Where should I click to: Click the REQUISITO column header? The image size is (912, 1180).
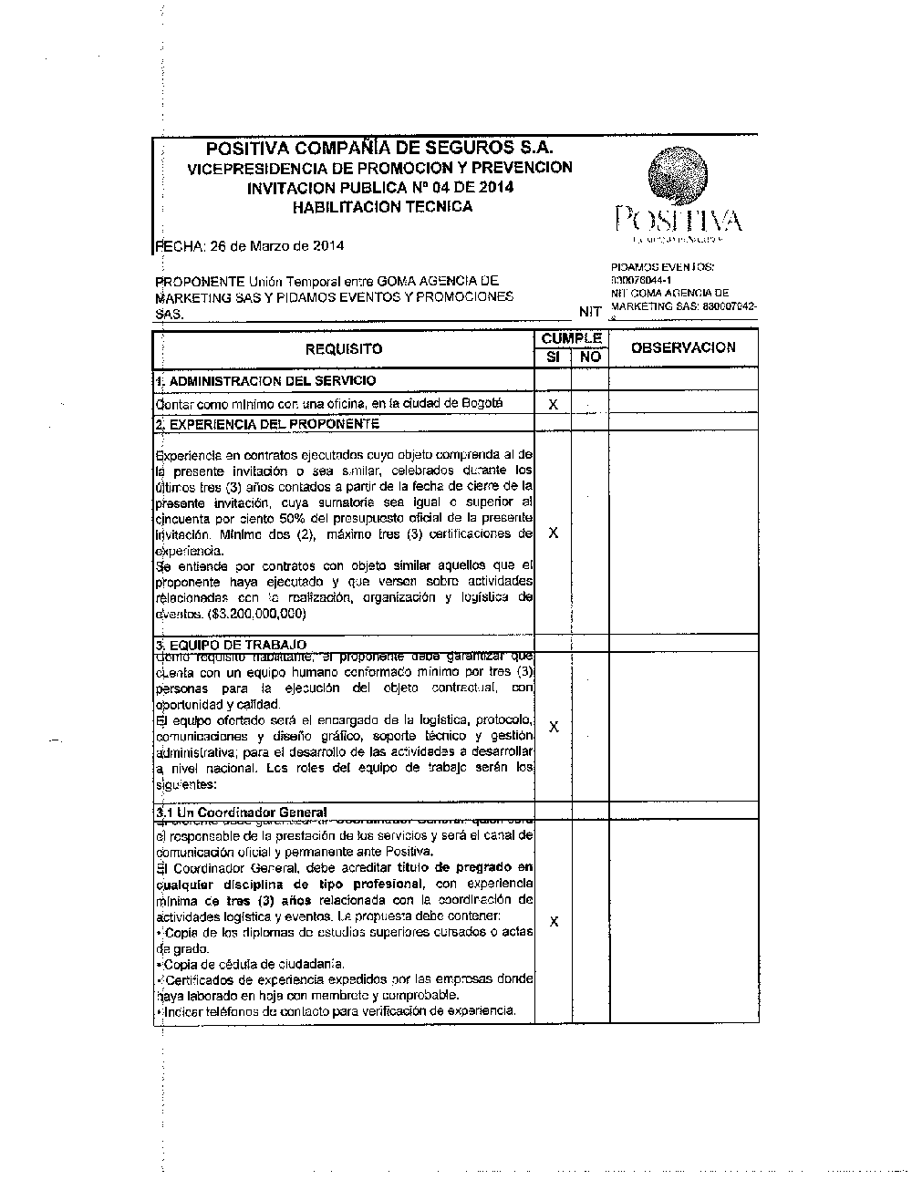[344, 349]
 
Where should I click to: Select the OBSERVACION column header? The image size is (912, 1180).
[683, 347]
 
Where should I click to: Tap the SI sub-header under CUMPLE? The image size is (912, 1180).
[553, 357]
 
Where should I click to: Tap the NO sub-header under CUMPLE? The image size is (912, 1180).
[590, 357]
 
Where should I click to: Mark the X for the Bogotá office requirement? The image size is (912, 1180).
[553, 404]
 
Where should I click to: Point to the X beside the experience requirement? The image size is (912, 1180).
[553, 533]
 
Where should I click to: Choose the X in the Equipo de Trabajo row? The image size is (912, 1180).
[554, 727]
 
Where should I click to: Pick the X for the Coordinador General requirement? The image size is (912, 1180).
[554, 922]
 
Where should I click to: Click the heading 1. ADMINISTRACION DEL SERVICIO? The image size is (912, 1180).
[265, 380]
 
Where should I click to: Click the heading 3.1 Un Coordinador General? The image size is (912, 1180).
[242, 812]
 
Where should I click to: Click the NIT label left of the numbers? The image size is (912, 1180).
[590, 312]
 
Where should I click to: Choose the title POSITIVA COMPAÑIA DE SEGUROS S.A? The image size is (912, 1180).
[379, 148]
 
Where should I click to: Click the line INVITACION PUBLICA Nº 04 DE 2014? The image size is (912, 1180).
[379, 188]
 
